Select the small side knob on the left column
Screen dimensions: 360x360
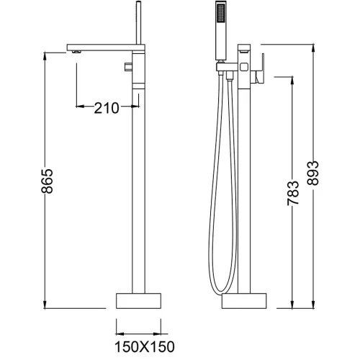coord(128,68)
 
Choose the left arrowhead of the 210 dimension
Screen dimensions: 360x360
coord(78,108)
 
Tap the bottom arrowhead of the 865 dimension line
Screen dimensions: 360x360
coord(48,304)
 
